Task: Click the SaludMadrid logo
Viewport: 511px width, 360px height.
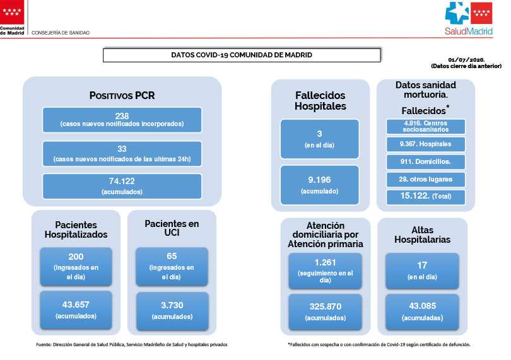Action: (469, 18)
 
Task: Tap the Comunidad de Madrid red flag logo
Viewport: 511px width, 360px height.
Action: (12, 12)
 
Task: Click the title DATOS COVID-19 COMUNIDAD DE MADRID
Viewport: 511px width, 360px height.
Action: (242, 55)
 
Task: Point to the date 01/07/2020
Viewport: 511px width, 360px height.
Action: (466, 60)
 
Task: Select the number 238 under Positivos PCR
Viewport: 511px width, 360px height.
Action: (122, 116)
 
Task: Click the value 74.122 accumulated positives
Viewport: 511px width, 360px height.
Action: (122, 181)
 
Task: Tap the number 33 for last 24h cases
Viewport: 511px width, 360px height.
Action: (122, 149)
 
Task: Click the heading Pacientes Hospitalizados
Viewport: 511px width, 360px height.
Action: (76, 229)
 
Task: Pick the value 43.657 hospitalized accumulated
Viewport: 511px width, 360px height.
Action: (76, 305)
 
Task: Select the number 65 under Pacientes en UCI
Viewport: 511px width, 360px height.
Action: (172, 256)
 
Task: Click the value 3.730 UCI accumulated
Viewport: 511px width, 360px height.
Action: (172, 305)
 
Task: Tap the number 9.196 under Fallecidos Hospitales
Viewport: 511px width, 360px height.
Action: (319, 180)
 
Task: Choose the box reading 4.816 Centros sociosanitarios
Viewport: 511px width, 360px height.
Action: (426, 126)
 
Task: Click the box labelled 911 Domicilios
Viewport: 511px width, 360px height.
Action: (426, 161)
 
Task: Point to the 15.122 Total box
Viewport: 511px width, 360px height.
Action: (426, 197)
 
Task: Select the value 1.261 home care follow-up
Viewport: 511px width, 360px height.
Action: (326, 262)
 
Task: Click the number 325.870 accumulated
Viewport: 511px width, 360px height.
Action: (326, 306)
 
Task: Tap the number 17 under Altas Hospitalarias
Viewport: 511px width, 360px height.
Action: (422, 265)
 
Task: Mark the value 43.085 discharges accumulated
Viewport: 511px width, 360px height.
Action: (422, 306)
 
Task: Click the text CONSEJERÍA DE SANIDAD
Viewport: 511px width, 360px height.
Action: (61, 33)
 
